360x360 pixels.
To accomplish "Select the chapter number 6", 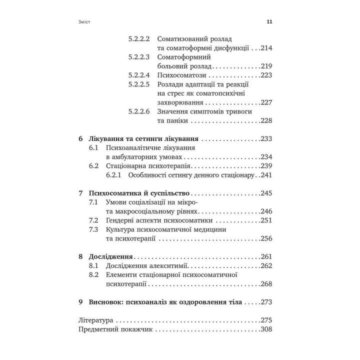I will click(82, 138).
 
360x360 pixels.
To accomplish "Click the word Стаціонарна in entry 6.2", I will click(129, 166).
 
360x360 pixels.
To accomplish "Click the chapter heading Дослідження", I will click(110, 256).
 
